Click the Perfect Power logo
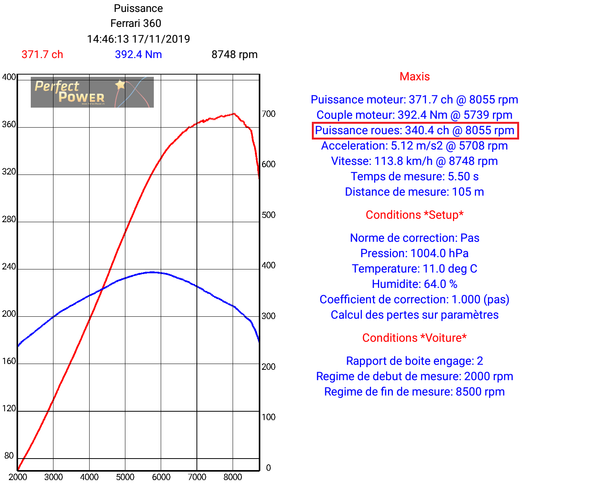click(x=92, y=92)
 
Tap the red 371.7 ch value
click(x=42, y=55)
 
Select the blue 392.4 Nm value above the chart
click(x=138, y=55)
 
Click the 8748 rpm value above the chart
click(x=235, y=55)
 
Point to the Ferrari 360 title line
click(x=136, y=23)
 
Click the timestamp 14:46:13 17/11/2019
click(x=138, y=39)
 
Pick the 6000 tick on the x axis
click(x=161, y=477)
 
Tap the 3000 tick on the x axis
click(x=53, y=477)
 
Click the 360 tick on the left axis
click(x=9, y=124)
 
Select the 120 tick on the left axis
click(x=9, y=408)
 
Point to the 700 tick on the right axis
click(x=268, y=114)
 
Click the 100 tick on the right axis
click(x=268, y=417)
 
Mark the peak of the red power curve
click(x=233, y=114)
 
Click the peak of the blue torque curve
click(x=153, y=272)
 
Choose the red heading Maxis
click(x=415, y=76)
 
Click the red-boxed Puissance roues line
click(x=415, y=131)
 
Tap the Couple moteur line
click(x=415, y=115)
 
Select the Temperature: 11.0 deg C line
click(x=415, y=269)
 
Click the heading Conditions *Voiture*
click(x=415, y=338)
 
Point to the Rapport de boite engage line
click(x=415, y=361)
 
